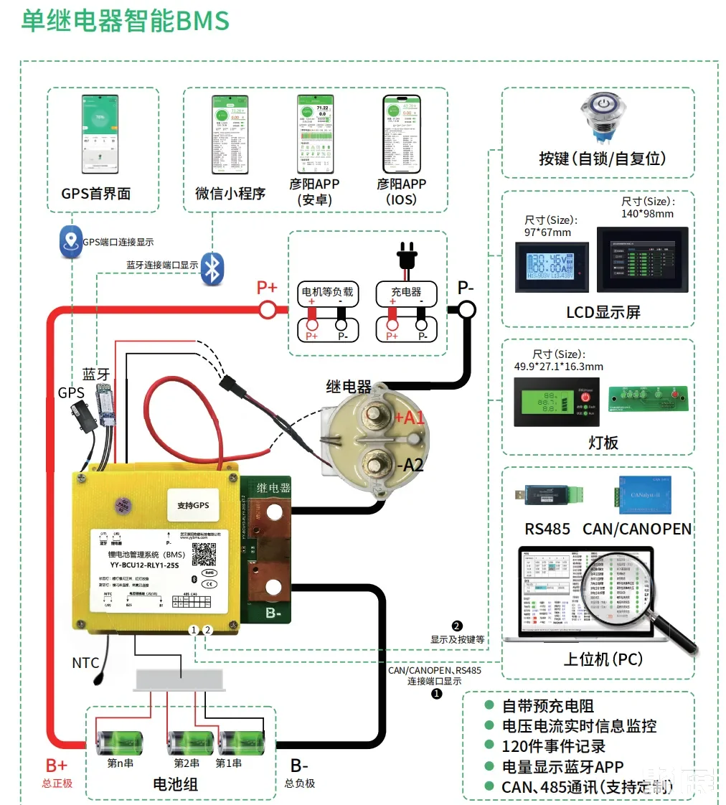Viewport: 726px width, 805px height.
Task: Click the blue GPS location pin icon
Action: pyautogui.click(x=70, y=243)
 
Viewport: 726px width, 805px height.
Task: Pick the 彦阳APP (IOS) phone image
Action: pyautogui.click(x=401, y=134)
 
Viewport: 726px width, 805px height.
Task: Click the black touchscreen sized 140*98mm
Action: pyautogui.click(x=642, y=260)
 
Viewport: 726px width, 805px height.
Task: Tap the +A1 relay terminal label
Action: pyautogui.click(x=410, y=418)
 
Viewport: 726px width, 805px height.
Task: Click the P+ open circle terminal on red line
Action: pyautogui.click(x=268, y=309)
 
